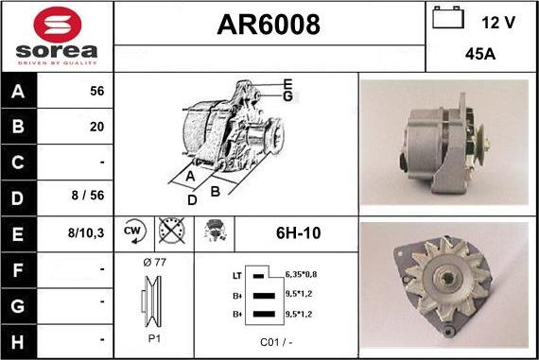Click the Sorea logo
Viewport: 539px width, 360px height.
(x=57, y=36)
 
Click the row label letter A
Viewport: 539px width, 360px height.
(x=20, y=93)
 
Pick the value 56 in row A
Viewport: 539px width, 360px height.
(x=96, y=92)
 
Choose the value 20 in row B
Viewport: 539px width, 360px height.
(x=96, y=126)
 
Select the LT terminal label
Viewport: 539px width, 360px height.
(x=236, y=275)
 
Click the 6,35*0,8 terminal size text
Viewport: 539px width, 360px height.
(x=302, y=274)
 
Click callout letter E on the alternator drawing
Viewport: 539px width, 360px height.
(x=287, y=83)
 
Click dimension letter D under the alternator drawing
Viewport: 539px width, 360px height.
(x=192, y=199)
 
